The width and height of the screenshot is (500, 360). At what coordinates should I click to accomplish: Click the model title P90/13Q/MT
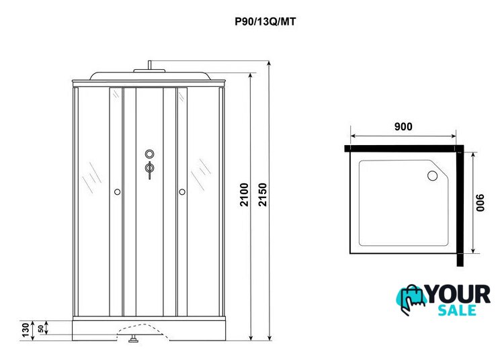(265, 21)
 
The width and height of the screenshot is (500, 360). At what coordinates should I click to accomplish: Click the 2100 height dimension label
(245, 194)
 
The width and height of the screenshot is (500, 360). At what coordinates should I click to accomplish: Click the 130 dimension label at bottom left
(26, 330)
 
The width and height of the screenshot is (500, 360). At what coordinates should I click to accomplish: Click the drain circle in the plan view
(432, 177)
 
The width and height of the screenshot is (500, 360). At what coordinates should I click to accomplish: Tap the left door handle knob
(118, 193)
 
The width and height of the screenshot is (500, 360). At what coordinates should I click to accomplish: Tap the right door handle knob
(181, 193)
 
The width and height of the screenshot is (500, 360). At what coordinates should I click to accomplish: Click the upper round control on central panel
(149, 153)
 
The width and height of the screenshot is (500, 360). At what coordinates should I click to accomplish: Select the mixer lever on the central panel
(149, 169)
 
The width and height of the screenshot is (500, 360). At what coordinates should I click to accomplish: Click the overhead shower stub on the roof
(150, 67)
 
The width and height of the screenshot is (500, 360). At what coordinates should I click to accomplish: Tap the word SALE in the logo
(457, 310)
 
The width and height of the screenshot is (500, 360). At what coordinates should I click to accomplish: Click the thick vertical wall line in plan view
(460, 208)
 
